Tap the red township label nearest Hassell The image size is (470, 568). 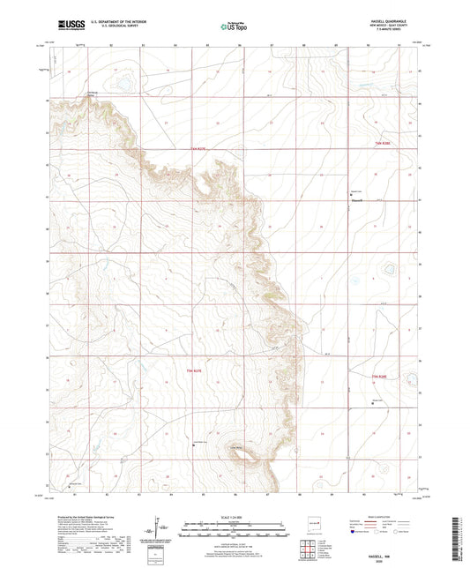[380, 142]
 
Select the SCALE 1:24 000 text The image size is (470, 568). [234, 515]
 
